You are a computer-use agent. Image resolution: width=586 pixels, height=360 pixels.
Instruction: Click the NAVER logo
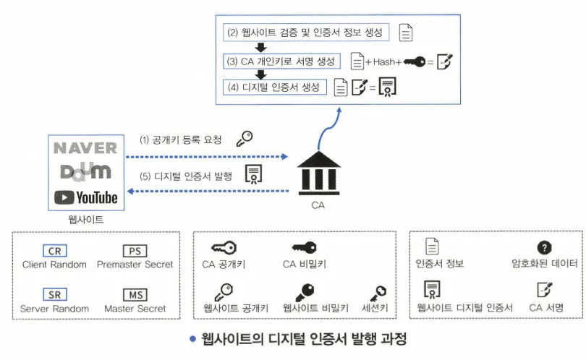(85, 148)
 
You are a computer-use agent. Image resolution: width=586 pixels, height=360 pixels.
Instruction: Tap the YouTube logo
(85, 196)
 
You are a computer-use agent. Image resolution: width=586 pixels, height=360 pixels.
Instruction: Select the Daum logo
(85, 171)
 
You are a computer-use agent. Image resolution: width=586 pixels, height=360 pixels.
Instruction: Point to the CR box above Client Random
(54, 251)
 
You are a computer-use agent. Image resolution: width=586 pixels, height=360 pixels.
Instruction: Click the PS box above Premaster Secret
(135, 251)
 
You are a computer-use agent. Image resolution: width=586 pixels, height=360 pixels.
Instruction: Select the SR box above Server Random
(54, 294)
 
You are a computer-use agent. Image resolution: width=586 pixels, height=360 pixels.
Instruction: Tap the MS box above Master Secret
(135, 294)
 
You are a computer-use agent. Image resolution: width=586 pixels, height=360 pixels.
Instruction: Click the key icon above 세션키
(377, 292)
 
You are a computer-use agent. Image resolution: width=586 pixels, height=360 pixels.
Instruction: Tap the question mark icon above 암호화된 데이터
(545, 248)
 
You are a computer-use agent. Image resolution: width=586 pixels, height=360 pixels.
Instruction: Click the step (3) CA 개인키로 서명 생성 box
(281, 61)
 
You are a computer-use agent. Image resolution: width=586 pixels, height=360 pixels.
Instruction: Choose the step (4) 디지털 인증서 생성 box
(275, 87)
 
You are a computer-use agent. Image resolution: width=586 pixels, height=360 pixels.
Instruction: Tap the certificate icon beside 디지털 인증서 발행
(254, 174)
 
